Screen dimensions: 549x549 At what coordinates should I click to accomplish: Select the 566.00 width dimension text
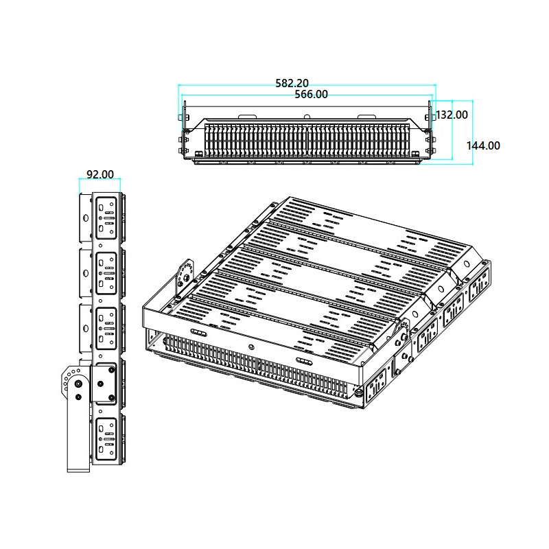pyautogui.click(x=311, y=94)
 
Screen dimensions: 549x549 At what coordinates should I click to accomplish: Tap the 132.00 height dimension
pyautogui.click(x=452, y=115)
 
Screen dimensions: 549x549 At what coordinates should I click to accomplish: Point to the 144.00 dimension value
pyautogui.click(x=483, y=145)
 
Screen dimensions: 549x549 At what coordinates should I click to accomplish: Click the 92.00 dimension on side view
pyautogui.click(x=100, y=176)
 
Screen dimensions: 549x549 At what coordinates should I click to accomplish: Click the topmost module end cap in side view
pyautogui.click(x=106, y=218)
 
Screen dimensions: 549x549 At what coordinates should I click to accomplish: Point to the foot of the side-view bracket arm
pyautogui.click(x=78, y=469)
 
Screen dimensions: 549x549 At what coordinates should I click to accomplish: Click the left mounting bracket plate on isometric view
pyautogui.click(x=184, y=274)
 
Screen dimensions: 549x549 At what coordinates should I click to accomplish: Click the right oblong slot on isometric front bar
pyautogui.click(x=303, y=360)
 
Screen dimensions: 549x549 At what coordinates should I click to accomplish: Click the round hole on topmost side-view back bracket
pyautogui.click(x=85, y=218)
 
